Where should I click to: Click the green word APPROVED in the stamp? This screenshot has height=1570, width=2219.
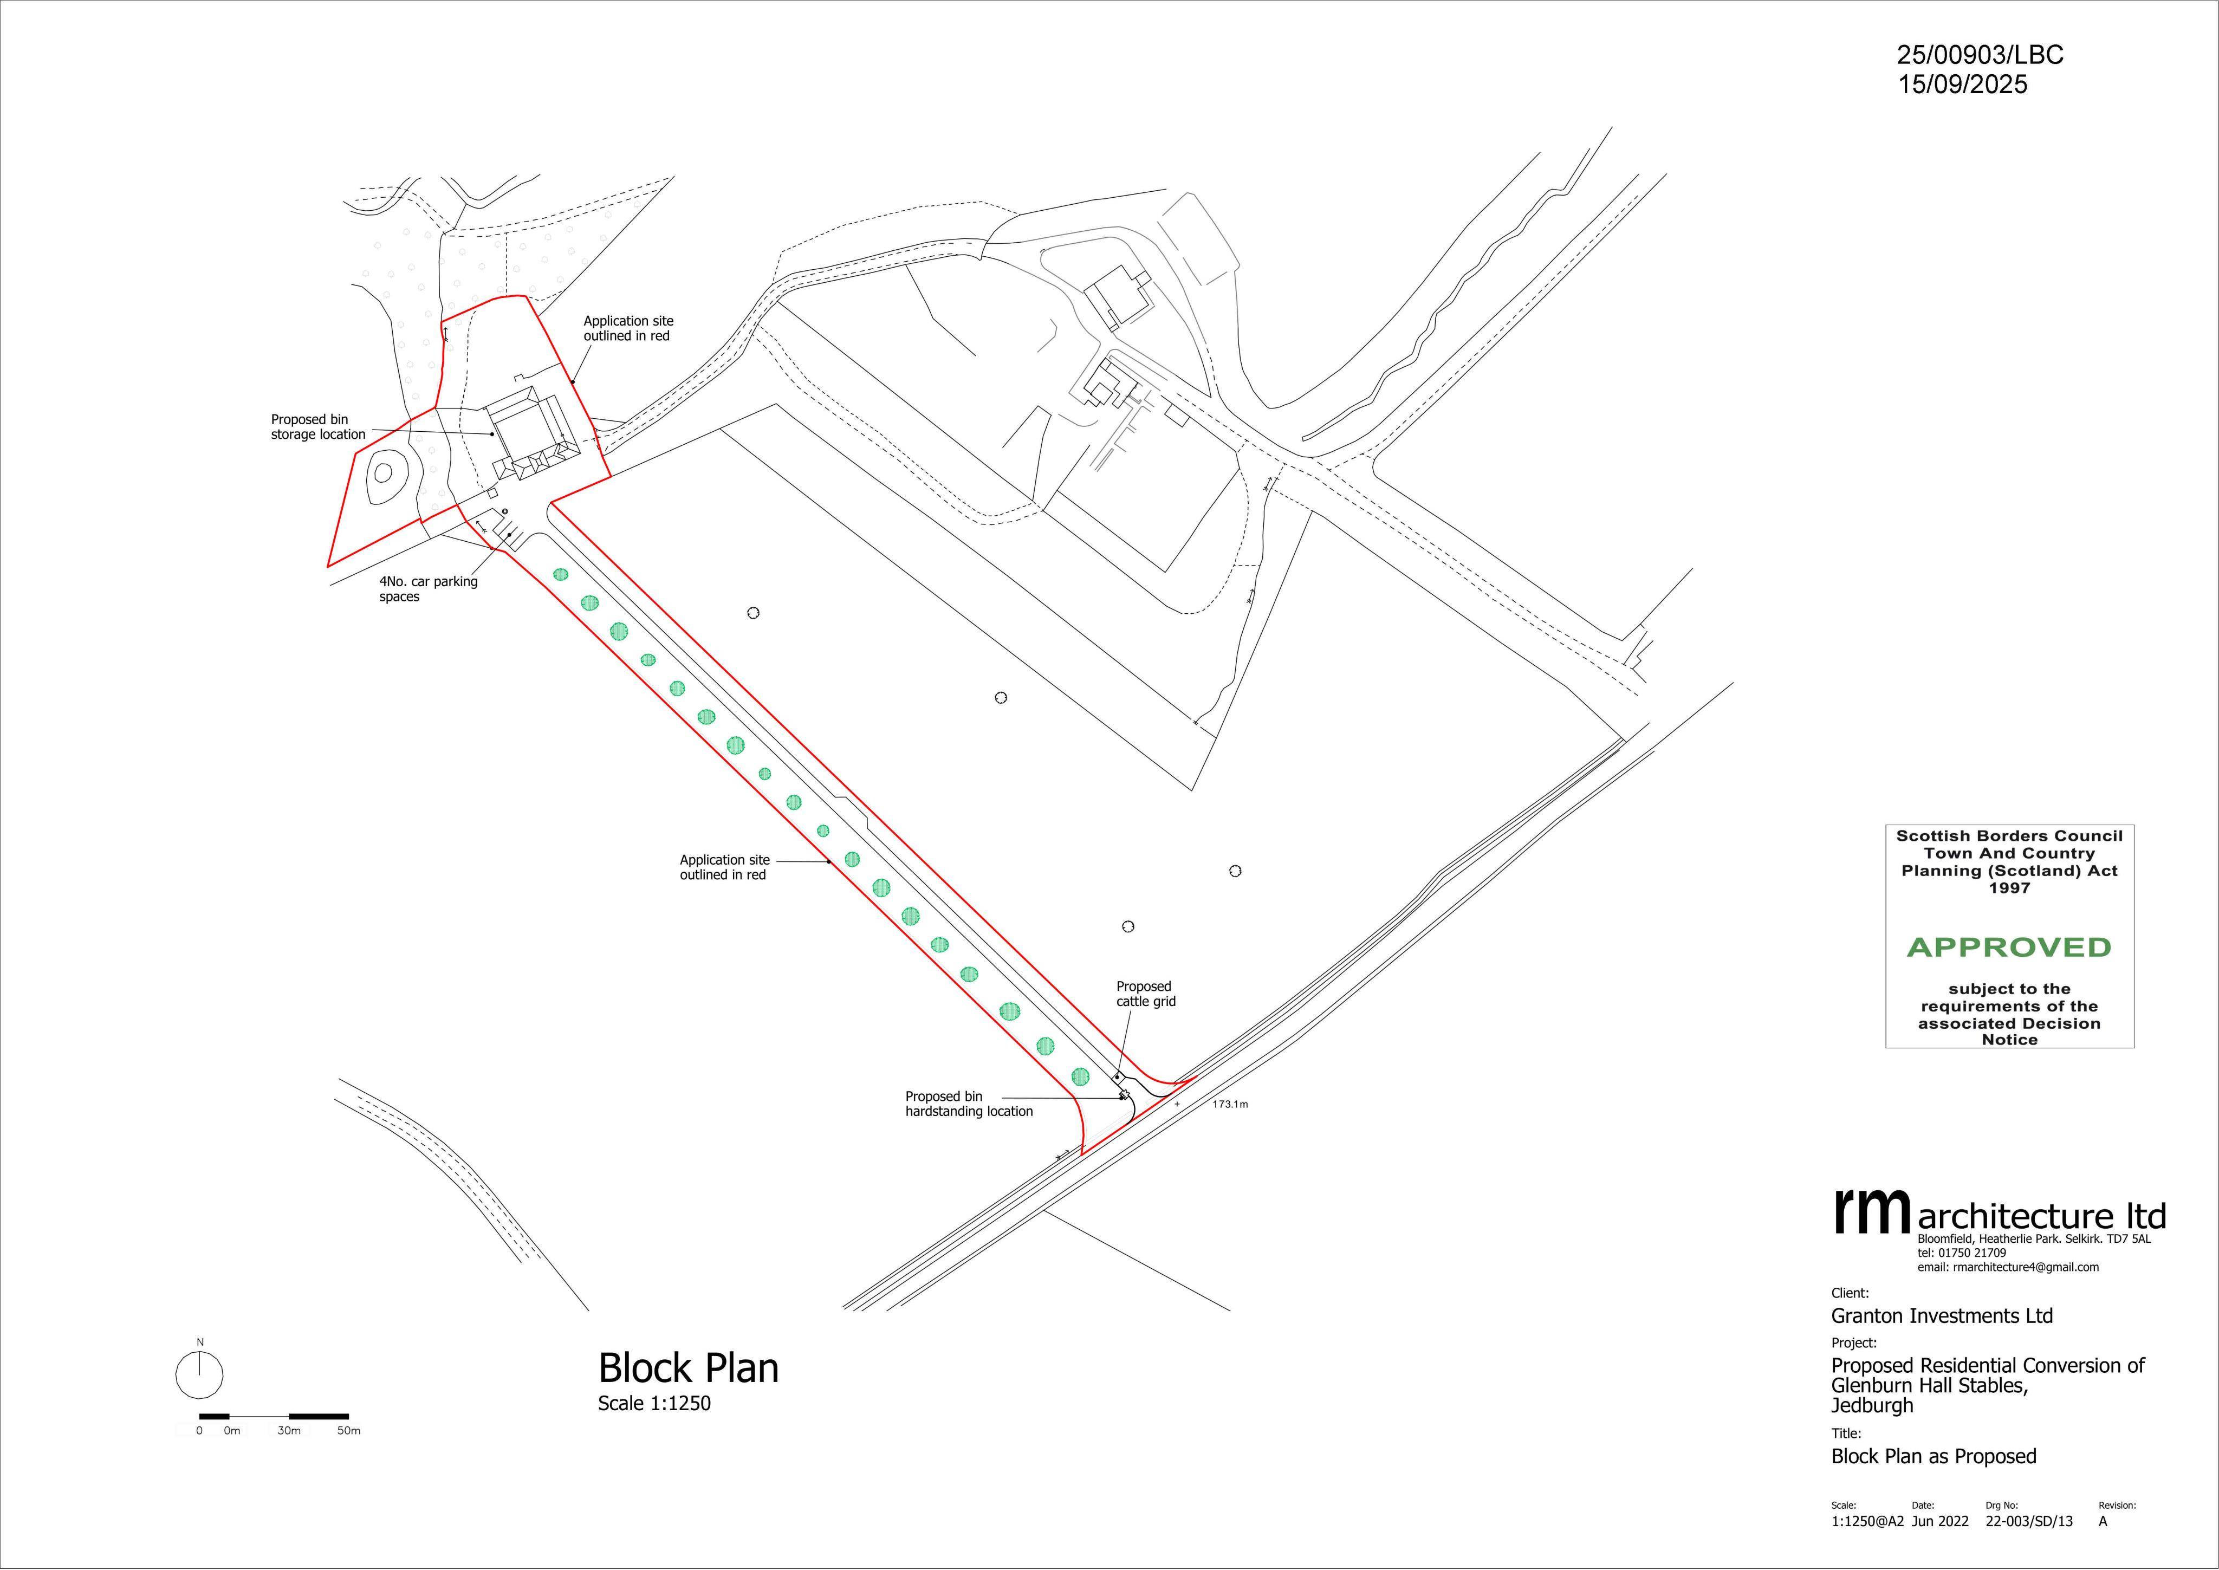coord(2009,948)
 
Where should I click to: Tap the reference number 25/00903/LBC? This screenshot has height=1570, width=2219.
coord(1980,55)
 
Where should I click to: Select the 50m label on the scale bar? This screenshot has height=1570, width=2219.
coord(349,1431)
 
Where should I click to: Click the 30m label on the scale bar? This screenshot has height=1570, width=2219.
coord(289,1431)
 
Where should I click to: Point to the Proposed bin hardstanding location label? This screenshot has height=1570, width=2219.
coord(969,1104)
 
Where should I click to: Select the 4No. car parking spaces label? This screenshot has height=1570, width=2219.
coord(428,589)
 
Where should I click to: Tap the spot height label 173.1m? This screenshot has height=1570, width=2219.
coord(1230,1104)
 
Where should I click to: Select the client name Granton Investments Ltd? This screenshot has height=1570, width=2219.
coord(1942,1316)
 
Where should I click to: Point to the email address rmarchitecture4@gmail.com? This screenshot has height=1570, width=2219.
coord(2008,1267)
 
